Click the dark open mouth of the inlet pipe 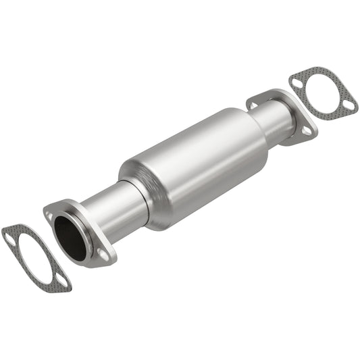click(70, 238)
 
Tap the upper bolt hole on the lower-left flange click(49, 215)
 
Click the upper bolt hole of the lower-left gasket click(9, 236)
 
